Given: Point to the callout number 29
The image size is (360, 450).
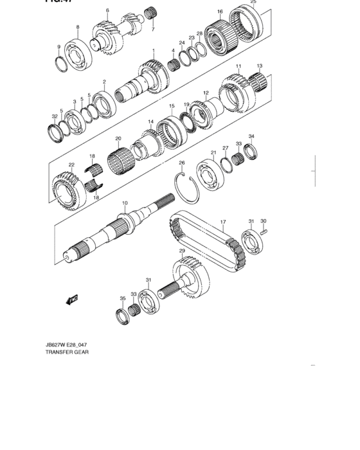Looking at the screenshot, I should (x=182, y=251).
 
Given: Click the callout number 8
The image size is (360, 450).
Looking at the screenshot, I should (x=78, y=28).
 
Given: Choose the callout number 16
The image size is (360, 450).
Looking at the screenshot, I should (x=220, y=12).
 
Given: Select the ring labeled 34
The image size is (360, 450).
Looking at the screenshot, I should (x=251, y=152).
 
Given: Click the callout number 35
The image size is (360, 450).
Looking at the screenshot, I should (x=122, y=298).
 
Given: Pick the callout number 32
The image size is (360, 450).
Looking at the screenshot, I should (x=55, y=116).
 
